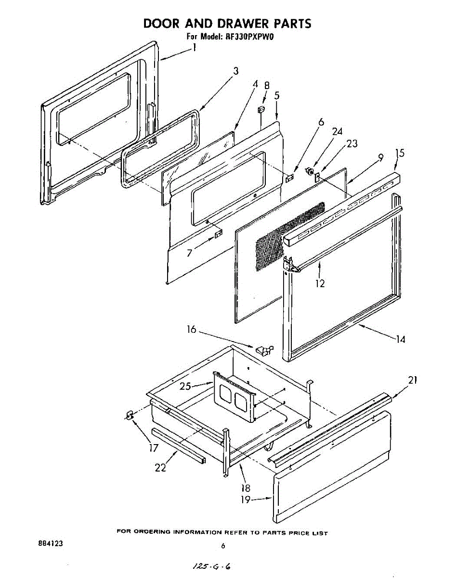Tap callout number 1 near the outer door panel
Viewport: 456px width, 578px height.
194,48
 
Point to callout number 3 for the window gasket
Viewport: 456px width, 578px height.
235,71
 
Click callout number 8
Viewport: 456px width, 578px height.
267,85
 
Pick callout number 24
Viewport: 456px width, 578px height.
337,131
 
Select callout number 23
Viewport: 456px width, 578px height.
352,144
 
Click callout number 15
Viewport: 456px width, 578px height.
400,153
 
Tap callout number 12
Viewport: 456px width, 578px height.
320,283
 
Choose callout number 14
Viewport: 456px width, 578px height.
401,339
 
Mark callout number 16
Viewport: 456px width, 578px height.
192,329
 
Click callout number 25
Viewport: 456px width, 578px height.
185,386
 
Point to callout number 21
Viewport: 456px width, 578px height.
413,380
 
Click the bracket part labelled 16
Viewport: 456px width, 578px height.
264,350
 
